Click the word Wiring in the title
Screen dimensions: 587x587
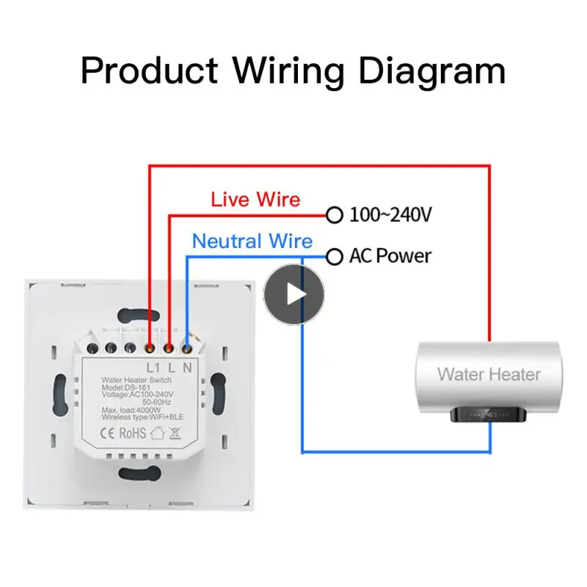(x=289, y=72)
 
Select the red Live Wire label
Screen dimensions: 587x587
(x=255, y=199)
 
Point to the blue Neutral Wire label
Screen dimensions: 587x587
(x=252, y=241)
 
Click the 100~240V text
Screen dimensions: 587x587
(x=390, y=216)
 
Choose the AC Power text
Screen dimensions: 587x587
(x=390, y=256)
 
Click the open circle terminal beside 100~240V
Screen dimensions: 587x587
(x=335, y=216)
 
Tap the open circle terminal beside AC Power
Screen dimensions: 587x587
(x=335, y=257)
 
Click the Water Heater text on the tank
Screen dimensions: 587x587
(x=489, y=374)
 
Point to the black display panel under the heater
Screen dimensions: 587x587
(x=489, y=415)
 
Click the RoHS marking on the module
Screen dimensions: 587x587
(x=133, y=433)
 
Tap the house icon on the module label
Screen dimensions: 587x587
(x=156, y=433)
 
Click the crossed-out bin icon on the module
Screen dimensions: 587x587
(x=175, y=433)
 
